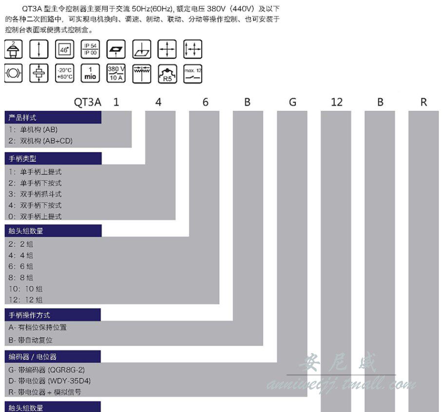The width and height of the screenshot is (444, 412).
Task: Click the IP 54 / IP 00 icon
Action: coord(90,49)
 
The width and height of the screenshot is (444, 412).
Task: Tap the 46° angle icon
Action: coord(64,49)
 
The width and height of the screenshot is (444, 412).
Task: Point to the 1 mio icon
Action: coord(90,73)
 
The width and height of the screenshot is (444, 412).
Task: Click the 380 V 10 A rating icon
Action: coord(116,73)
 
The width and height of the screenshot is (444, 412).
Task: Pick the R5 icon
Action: coord(167,73)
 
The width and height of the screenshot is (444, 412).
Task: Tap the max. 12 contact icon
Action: coord(193,73)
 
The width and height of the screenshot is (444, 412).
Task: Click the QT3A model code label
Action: coord(87,102)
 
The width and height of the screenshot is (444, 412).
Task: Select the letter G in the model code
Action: coord(292,102)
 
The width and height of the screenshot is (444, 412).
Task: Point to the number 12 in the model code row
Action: coord(336,102)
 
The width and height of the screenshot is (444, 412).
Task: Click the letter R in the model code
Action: coord(424,102)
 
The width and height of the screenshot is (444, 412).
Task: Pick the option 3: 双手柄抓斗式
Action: coord(35,194)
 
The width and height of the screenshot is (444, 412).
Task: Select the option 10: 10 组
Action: coord(25,289)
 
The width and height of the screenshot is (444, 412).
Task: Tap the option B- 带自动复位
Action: coord(30,340)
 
